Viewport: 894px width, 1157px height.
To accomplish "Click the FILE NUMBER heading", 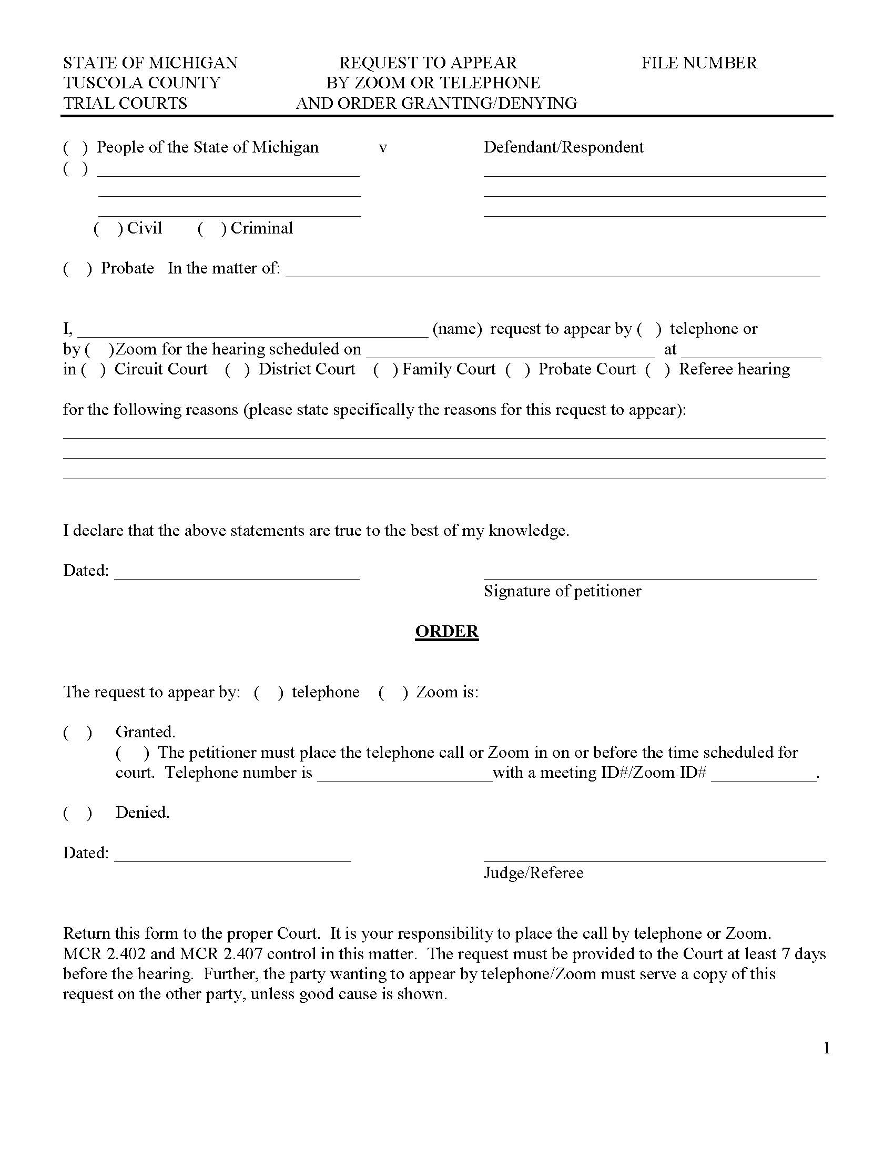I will (x=698, y=63).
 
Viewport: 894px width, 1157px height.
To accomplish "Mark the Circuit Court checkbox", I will (x=93, y=370).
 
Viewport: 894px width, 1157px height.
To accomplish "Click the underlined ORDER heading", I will (x=446, y=631).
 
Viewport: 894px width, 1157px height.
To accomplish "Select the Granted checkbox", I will (x=77, y=733).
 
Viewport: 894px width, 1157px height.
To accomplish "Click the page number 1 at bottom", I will (x=826, y=1048).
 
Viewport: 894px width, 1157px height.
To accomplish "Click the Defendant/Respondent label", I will (x=563, y=147).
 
